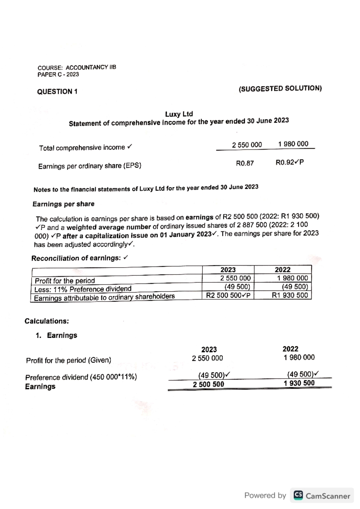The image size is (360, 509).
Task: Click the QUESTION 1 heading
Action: (x=57, y=91)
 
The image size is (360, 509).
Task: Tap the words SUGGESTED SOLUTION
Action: (x=280, y=89)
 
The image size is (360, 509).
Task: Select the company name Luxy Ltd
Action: (x=179, y=114)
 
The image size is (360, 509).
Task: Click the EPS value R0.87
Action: (x=245, y=163)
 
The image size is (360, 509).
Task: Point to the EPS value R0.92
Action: (x=285, y=162)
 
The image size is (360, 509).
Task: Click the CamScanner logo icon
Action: (x=298, y=495)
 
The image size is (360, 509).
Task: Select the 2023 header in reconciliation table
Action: (x=228, y=270)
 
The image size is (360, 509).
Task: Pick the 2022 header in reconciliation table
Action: (x=283, y=270)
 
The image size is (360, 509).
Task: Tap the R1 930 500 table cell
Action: (x=290, y=295)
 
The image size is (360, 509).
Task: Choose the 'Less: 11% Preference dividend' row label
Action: (x=83, y=289)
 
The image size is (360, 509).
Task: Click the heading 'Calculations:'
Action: (x=47, y=321)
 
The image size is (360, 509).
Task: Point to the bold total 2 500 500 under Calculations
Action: (x=208, y=384)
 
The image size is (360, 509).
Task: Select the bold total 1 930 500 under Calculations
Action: (x=299, y=383)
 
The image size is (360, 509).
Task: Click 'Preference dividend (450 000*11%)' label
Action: (x=81, y=377)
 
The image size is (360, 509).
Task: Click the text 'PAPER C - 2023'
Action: (x=58, y=74)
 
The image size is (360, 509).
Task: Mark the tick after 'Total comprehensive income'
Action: (x=129, y=147)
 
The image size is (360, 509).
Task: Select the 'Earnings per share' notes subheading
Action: (x=63, y=204)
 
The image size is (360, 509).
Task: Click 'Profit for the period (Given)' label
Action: (x=68, y=360)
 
